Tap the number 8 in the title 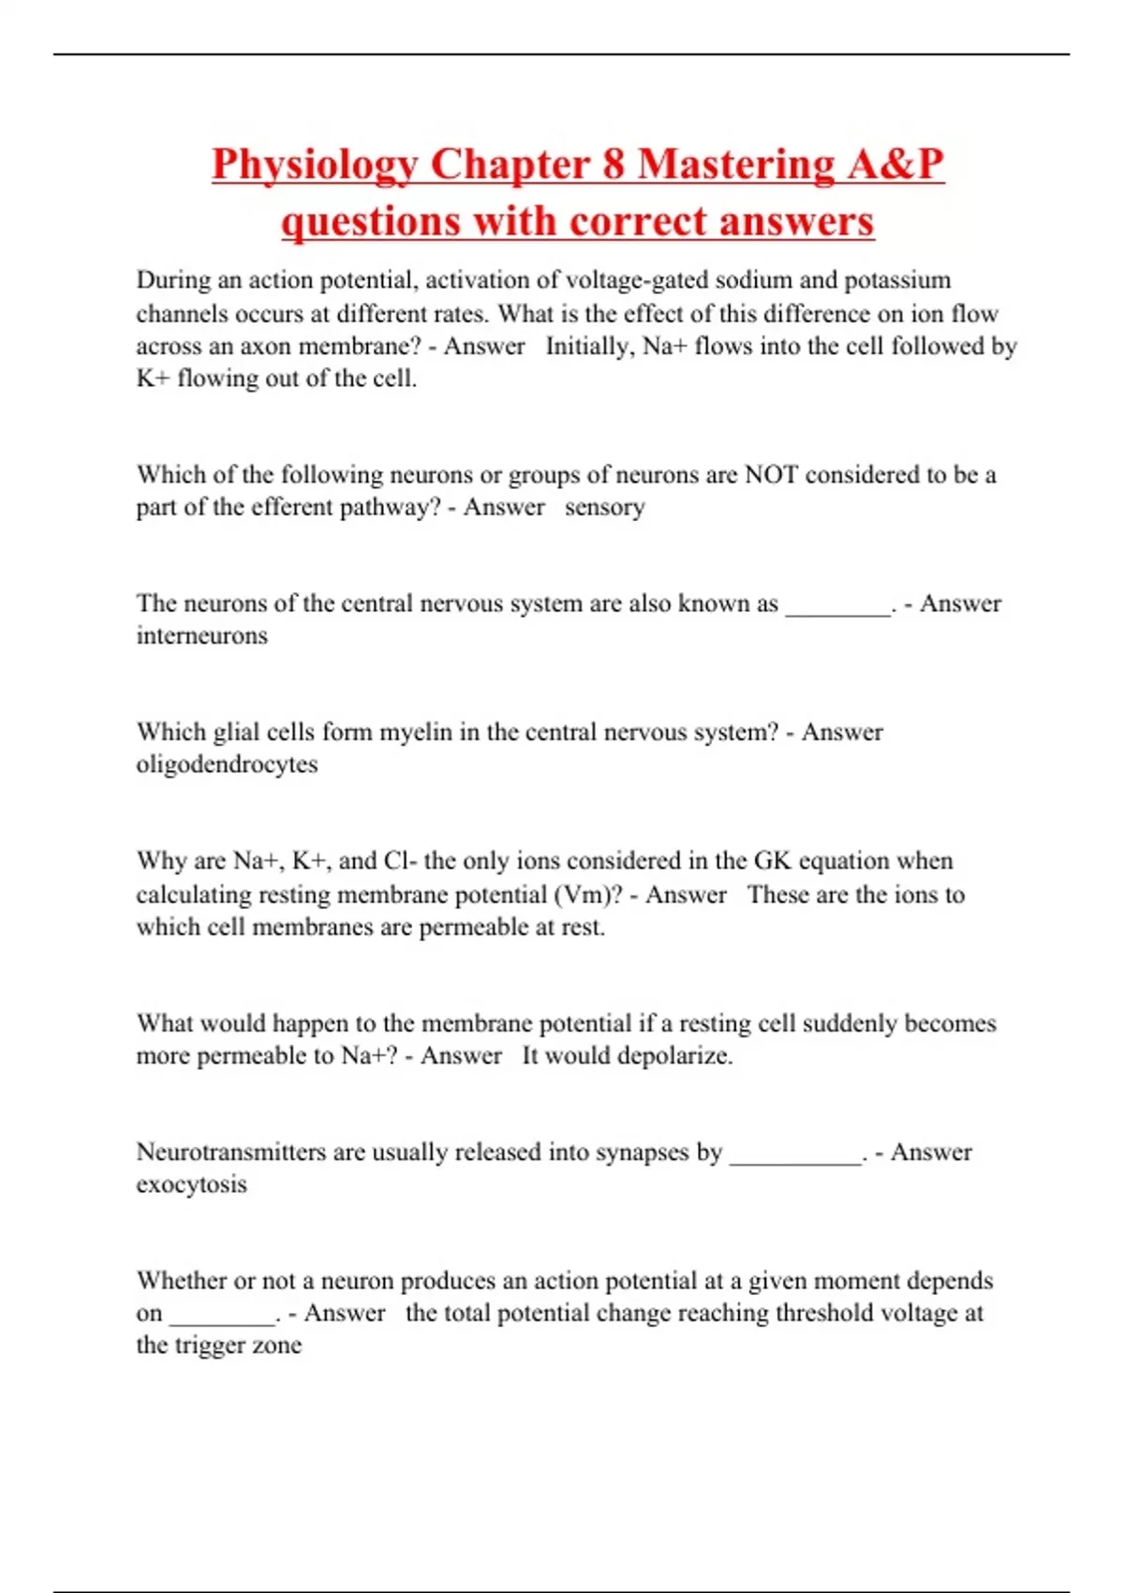614,165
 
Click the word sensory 604,507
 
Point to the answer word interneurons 202,635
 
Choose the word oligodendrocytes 228,764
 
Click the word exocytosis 192,1184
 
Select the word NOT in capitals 771,474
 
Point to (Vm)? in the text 588,894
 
